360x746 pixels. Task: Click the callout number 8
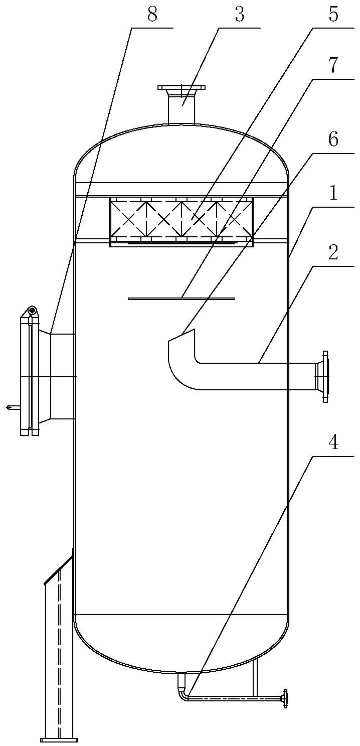pos(152,15)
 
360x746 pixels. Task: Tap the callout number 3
pos(240,15)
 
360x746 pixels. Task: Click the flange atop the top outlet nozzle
pos(181,87)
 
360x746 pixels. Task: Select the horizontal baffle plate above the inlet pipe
pos(181,299)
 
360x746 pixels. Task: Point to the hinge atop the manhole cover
pos(32,311)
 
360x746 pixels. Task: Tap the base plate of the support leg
pos(59,739)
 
